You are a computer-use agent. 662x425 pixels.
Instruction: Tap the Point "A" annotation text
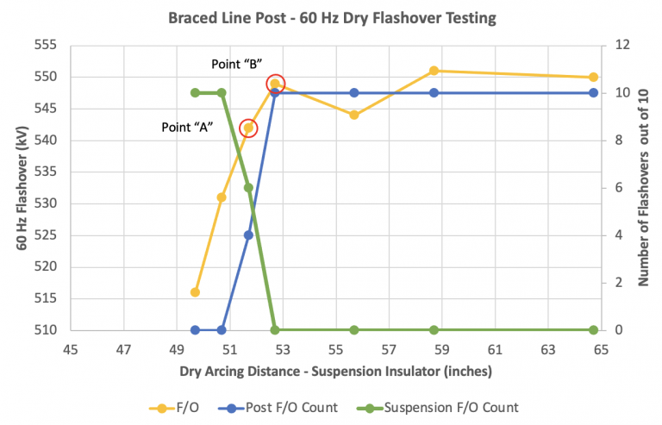pyautogui.click(x=187, y=127)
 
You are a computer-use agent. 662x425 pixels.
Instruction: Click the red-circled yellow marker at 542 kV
pyautogui.click(x=248, y=128)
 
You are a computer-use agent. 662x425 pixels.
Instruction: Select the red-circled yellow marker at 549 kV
pyautogui.click(x=275, y=84)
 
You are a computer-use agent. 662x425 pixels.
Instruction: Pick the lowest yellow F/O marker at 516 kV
pyautogui.click(x=195, y=292)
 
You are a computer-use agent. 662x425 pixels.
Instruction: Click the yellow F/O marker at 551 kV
pyautogui.click(x=434, y=71)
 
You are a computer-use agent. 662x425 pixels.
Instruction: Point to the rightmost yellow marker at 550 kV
pyautogui.click(x=594, y=78)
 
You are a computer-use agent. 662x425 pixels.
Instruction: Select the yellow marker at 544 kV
pyautogui.click(x=354, y=115)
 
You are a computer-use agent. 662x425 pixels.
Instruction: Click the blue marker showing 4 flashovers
pyautogui.click(x=248, y=234)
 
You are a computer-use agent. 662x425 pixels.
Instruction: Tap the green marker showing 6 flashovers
pyautogui.click(x=248, y=187)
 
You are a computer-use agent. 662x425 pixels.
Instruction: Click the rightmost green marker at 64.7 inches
pyautogui.click(x=594, y=330)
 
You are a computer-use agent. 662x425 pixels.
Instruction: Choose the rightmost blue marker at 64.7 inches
pyautogui.click(x=594, y=92)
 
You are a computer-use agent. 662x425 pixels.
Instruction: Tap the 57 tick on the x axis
pyautogui.click(x=389, y=351)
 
